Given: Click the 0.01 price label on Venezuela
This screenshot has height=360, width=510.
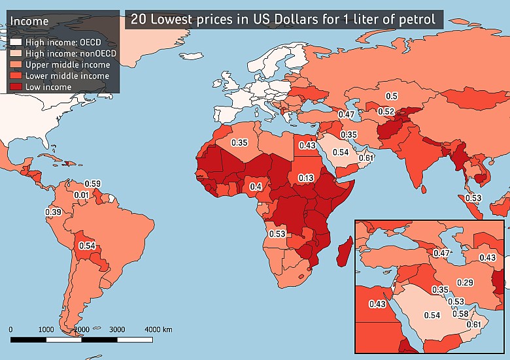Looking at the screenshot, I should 81,195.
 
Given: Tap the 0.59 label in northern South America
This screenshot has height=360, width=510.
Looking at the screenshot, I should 93,184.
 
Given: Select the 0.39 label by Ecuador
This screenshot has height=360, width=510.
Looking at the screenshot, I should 53,212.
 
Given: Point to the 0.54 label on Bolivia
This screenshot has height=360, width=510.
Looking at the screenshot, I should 87,246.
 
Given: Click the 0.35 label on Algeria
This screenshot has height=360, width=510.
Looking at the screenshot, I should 239,142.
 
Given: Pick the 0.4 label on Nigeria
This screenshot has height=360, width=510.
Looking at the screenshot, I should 256,187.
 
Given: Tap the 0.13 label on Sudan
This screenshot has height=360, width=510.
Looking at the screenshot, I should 306,178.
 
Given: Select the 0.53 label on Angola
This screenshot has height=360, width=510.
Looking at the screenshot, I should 277,233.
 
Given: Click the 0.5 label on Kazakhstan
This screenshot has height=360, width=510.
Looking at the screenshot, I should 391,97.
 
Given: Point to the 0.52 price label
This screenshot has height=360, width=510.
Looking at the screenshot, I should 386,112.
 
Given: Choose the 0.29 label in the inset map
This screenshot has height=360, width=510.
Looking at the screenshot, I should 465,282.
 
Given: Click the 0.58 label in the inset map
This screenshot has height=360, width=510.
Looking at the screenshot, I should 460,314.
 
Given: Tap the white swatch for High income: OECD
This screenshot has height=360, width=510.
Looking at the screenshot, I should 15,43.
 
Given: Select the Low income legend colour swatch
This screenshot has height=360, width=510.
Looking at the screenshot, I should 15,87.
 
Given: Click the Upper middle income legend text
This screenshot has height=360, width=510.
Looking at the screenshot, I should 67,65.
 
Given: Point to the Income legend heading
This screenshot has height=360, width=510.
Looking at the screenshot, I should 29,22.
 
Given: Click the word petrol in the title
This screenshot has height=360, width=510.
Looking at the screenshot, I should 416,19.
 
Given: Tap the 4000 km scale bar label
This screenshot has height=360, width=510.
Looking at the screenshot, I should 158,329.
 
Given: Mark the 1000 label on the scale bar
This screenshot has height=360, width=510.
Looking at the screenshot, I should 46,329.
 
